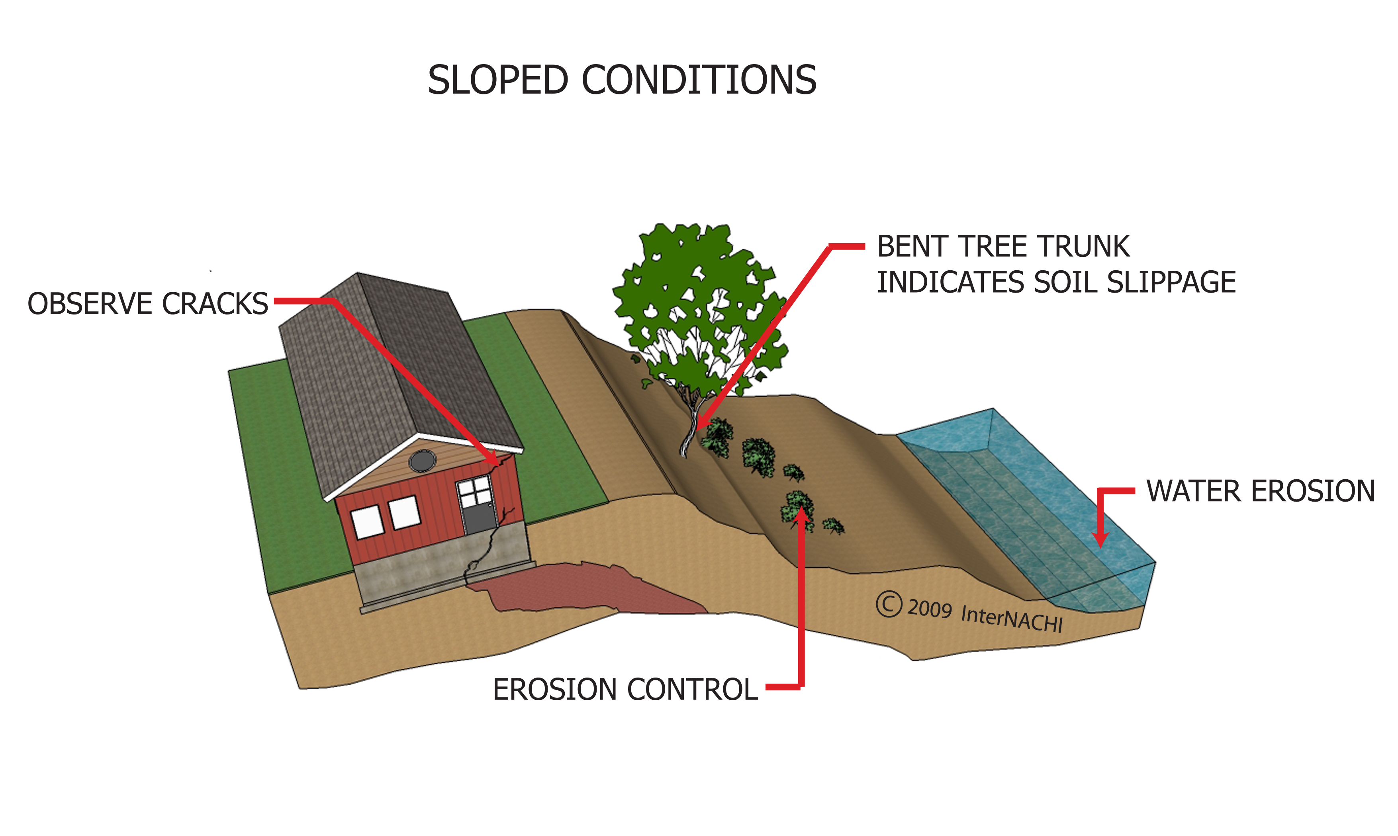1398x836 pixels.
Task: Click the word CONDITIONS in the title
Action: (698, 80)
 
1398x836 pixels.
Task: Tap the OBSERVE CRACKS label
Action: (148, 304)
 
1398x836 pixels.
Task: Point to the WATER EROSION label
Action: (1261, 491)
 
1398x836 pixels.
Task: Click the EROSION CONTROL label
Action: (625, 690)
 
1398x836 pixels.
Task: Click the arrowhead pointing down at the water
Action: (1100, 540)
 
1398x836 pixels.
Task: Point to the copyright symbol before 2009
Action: (889, 604)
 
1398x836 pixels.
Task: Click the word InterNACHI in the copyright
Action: (1011, 618)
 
